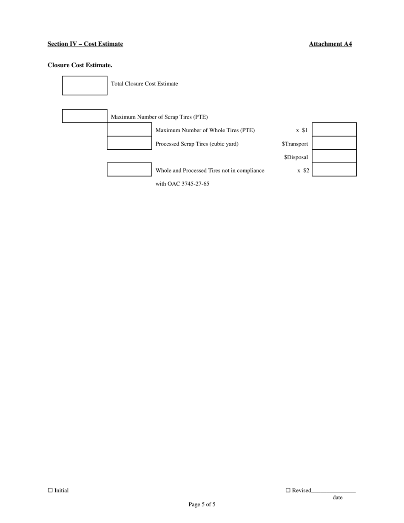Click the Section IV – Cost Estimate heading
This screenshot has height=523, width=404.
[x=85, y=44]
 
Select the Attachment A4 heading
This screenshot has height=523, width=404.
[x=330, y=44]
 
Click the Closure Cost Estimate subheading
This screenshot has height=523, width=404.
[x=80, y=65]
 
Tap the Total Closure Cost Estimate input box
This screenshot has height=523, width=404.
[x=85, y=85]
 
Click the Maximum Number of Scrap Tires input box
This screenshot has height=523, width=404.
[x=85, y=116]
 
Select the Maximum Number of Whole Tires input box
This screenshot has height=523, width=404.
[x=129, y=130]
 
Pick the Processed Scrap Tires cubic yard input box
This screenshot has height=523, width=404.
[x=129, y=143]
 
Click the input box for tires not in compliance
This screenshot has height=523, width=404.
[x=129, y=170]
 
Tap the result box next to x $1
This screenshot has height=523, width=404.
[x=334, y=130]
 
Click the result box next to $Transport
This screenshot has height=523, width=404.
[x=334, y=143]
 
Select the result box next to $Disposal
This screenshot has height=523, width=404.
[x=334, y=156]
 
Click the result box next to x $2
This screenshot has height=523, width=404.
[x=334, y=170]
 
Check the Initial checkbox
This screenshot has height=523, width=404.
[x=50, y=490]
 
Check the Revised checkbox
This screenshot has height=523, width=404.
[x=288, y=490]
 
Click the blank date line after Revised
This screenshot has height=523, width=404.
[x=333, y=491]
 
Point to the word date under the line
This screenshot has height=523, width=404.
[x=338, y=497]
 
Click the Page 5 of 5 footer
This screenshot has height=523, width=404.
[x=202, y=505]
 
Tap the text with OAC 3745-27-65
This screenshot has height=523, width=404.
[x=182, y=184]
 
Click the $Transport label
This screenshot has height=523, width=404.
[x=295, y=144]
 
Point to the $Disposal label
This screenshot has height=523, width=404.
[x=296, y=157]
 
